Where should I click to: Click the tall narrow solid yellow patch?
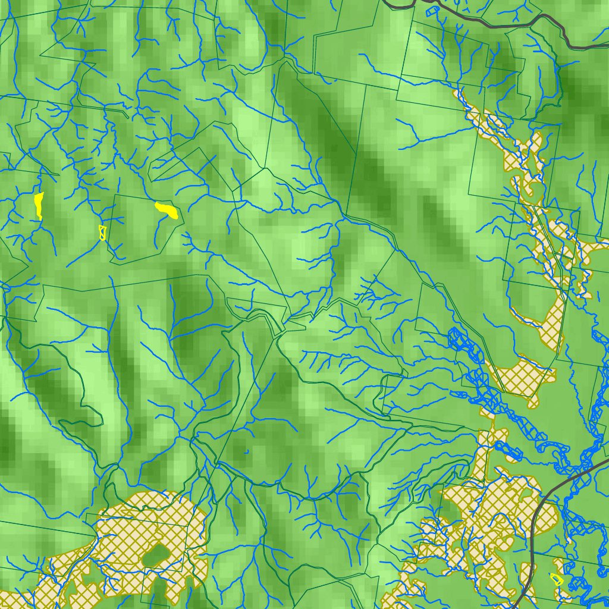click(x=39, y=205)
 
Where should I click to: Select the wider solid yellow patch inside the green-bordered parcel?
click(x=167, y=211)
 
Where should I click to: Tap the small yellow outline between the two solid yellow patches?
click(x=102, y=232)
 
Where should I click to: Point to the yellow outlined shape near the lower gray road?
click(x=557, y=578)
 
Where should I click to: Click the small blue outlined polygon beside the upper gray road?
click(x=432, y=10)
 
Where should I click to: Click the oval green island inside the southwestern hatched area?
click(x=156, y=556)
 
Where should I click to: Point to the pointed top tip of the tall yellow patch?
click(x=42, y=193)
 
